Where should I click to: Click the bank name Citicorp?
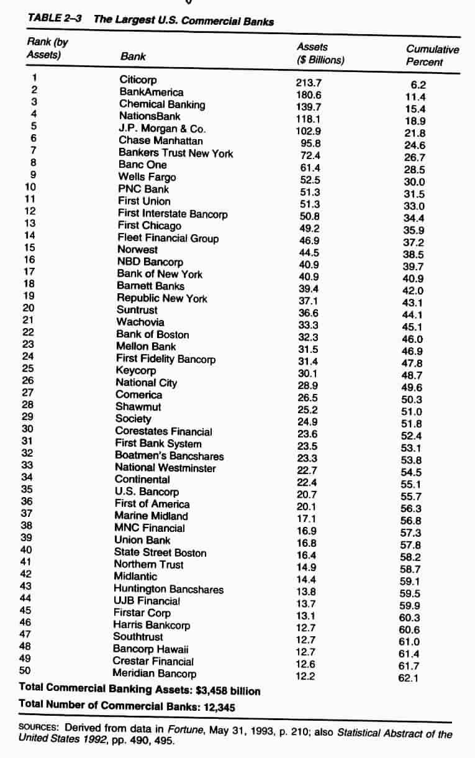pyautogui.click(x=138, y=80)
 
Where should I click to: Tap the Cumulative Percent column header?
pyautogui.click(x=432, y=55)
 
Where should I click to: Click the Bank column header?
pyautogui.click(x=133, y=57)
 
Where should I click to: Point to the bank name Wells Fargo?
pyautogui.click(x=147, y=177)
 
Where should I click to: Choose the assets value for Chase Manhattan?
pyautogui.click(x=310, y=143)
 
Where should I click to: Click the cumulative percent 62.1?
pyautogui.click(x=409, y=678)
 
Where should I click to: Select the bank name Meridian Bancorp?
pyautogui.click(x=154, y=674)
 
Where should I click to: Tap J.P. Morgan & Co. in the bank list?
pyautogui.click(x=161, y=129)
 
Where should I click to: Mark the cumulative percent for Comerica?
pyautogui.click(x=412, y=400)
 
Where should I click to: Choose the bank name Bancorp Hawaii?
pyautogui.click(x=146, y=649)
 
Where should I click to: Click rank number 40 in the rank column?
pyautogui.click(x=26, y=549)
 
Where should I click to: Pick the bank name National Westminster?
pyautogui.click(x=165, y=468)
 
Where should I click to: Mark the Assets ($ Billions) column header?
pyautogui.click(x=320, y=53)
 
